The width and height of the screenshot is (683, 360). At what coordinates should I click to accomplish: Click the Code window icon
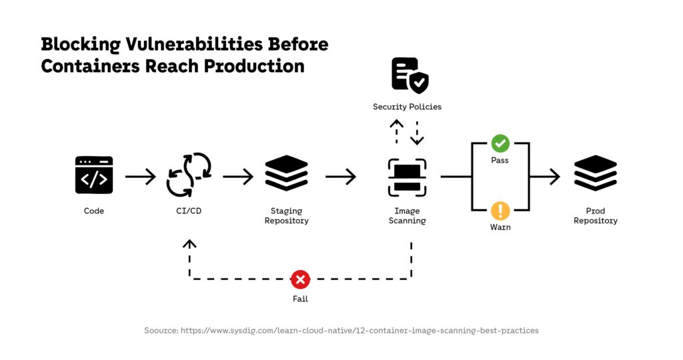[x=94, y=175]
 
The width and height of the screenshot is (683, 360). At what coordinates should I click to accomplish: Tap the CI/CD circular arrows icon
[x=189, y=175]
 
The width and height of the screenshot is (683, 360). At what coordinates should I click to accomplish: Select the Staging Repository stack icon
[x=286, y=174]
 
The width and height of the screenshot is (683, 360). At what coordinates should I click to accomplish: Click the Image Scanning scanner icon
[x=407, y=177]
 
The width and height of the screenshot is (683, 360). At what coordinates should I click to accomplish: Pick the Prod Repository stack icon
[x=596, y=173]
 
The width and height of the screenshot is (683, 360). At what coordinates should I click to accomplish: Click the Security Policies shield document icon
[x=409, y=75]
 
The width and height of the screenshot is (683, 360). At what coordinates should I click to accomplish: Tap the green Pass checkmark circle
[x=500, y=143]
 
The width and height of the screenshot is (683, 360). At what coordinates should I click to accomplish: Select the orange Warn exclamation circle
[x=500, y=211]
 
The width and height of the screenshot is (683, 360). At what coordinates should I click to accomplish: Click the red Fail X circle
[x=300, y=279]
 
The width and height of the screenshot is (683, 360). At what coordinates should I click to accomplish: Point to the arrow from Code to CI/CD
[x=140, y=177]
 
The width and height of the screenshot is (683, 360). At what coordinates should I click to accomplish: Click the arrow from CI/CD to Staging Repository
[x=238, y=177]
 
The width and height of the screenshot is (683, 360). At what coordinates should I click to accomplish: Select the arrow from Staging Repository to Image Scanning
[x=341, y=177]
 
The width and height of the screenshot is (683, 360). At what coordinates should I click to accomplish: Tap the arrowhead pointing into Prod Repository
[x=554, y=177]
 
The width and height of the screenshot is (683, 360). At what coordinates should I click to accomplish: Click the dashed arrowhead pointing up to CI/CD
[x=190, y=245]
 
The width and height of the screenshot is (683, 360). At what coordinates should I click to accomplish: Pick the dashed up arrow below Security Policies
[x=397, y=131]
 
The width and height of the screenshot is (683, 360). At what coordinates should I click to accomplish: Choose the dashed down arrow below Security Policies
[x=417, y=133]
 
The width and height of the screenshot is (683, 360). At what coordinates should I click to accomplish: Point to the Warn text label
[x=500, y=227]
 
